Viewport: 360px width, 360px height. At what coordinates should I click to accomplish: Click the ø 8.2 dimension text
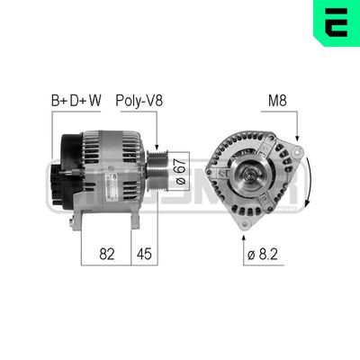click(263, 255)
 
